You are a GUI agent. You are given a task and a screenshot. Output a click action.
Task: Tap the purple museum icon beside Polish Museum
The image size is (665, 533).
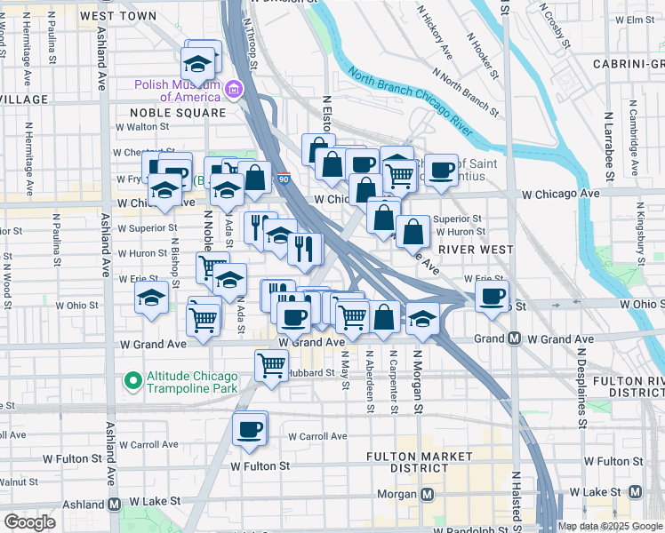234,89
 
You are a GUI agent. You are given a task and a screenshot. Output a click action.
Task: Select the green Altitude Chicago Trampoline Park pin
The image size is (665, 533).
133,382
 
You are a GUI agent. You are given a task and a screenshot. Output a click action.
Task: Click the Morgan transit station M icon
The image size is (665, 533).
428,494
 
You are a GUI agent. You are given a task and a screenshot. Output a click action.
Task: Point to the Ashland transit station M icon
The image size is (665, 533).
115,504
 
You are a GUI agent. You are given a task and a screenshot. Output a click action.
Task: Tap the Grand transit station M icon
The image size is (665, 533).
514,338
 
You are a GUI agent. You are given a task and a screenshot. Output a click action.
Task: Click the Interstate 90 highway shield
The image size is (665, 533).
283,179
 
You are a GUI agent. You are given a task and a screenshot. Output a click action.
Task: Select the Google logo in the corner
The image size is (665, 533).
29,522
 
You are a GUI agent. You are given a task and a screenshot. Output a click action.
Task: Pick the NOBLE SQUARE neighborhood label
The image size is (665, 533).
178,113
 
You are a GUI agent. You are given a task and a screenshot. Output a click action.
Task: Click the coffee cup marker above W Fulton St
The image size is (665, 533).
249,429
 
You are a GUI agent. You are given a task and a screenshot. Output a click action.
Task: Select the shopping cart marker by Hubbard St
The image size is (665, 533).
271,363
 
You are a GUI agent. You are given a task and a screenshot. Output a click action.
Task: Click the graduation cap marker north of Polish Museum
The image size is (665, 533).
197,62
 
